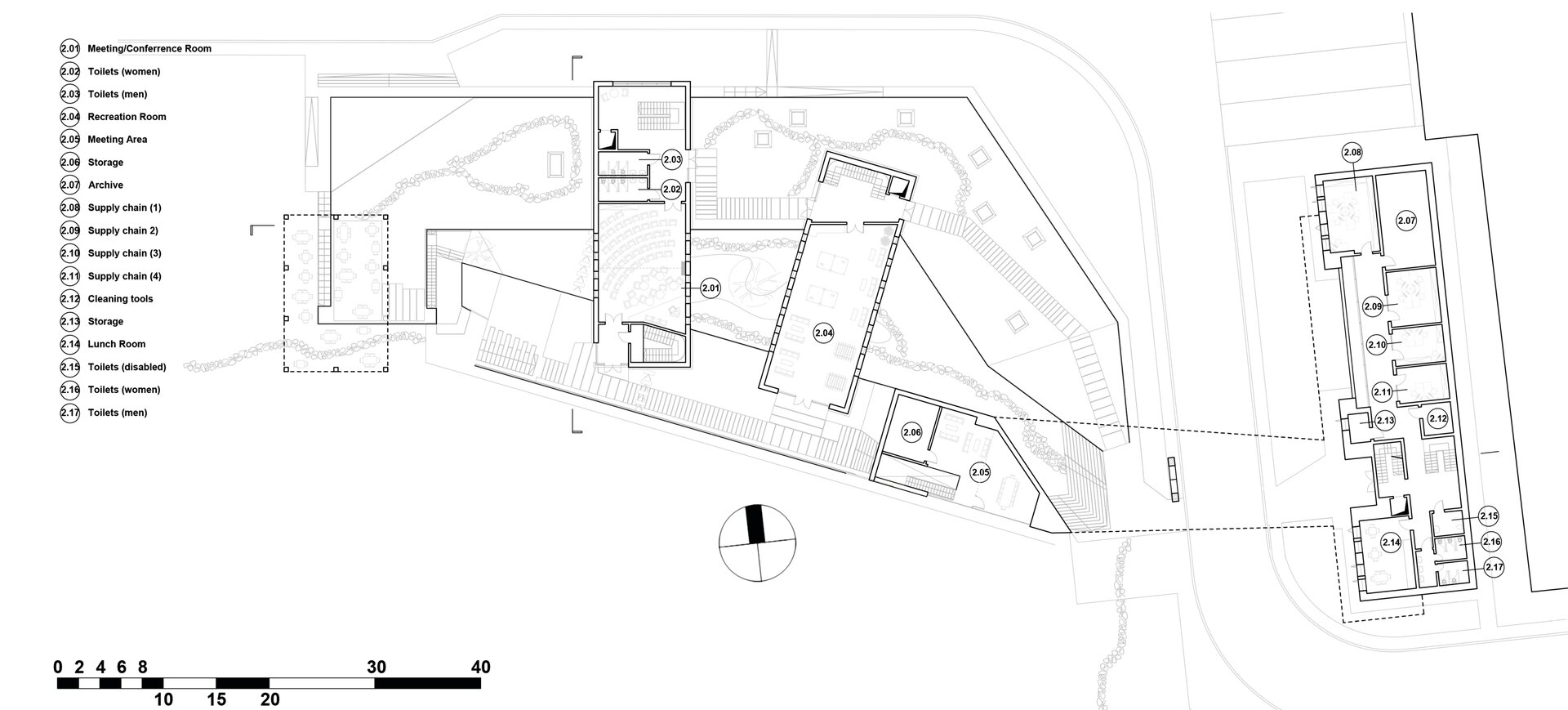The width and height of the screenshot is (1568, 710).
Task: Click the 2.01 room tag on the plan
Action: (710, 288)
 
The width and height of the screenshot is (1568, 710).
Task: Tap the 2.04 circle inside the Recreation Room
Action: (823, 333)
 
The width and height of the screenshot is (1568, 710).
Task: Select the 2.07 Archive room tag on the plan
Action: (1405, 221)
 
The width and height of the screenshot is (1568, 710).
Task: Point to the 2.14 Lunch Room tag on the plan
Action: (1391, 543)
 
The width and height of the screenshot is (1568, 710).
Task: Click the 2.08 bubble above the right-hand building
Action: (1352, 152)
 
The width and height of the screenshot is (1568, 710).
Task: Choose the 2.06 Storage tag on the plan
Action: (911, 432)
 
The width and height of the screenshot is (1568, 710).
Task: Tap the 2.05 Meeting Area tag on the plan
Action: (980, 471)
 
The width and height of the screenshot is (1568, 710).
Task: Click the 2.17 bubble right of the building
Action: (1494, 567)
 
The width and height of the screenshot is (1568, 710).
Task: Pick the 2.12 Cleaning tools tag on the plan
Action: (1438, 419)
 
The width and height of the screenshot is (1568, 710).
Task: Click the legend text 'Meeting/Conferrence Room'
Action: (149, 49)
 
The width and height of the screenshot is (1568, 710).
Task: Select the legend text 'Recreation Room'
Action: (127, 117)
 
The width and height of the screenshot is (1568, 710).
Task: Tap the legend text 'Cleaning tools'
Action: (120, 299)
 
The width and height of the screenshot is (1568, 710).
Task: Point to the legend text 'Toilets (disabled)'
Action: (127, 367)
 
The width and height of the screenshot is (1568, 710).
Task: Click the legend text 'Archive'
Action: (105, 185)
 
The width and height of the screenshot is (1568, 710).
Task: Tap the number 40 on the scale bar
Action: (481, 667)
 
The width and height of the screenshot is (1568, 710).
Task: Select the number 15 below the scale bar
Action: (216, 699)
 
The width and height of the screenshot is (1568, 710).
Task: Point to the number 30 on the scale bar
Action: (376, 667)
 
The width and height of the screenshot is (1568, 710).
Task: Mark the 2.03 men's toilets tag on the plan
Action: (671, 159)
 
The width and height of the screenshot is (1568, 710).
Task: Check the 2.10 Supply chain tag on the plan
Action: (1377, 345)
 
